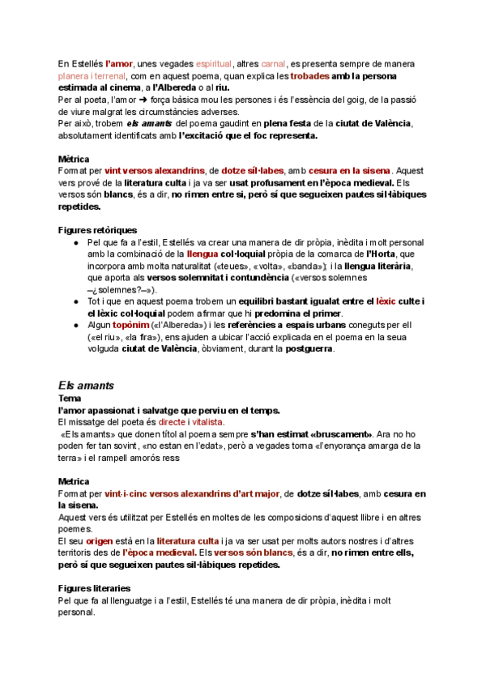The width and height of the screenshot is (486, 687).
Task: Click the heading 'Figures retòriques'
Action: [98, 230]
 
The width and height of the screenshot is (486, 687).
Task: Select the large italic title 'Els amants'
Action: [87, 385]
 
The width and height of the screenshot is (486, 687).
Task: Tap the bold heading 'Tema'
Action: [70, 399]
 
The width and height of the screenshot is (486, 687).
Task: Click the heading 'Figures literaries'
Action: [96, 587]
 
